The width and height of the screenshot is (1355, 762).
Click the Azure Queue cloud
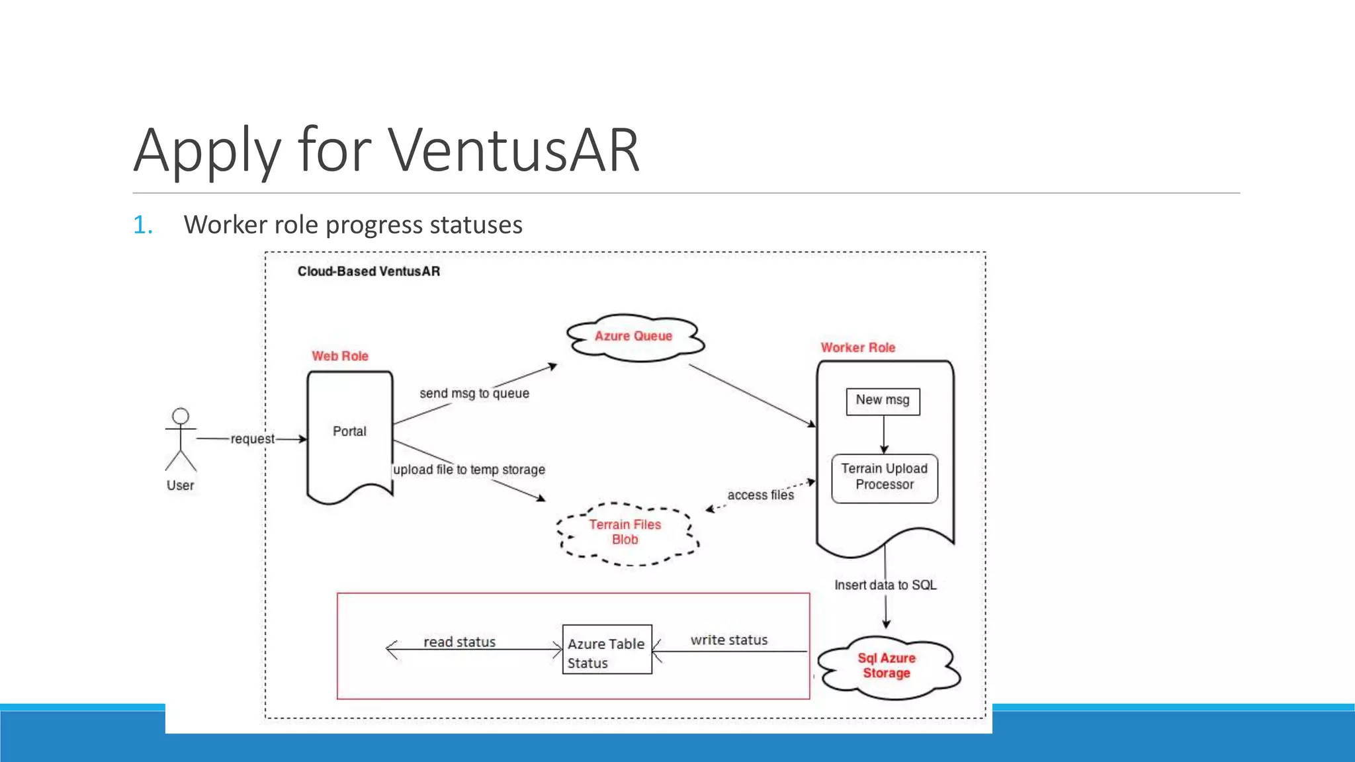coord(634,337)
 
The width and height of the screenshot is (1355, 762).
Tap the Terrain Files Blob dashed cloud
coord(625,532)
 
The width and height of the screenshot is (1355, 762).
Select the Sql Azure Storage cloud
coord(887,666)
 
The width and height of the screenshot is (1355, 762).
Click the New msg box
coord(883,401)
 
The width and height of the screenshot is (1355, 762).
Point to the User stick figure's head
coord(181,416)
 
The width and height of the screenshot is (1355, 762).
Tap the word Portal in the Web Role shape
coord(349,431)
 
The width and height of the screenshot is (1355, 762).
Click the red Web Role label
coord(340,356)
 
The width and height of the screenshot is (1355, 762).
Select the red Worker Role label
coord(857,348)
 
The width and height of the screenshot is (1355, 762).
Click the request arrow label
coord(252,439)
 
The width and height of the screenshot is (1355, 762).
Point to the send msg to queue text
coord(474,394)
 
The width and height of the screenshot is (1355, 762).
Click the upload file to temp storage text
coord(469,470)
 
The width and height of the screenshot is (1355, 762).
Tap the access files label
coord(760,495)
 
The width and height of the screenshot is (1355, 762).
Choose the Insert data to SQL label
coord(885,585)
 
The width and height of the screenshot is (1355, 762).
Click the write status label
coord(729,640)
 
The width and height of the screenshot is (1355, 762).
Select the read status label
coord(459,642)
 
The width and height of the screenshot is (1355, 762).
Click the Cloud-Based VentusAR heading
coord(369,271)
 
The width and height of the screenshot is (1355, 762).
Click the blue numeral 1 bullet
coord(142,226)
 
